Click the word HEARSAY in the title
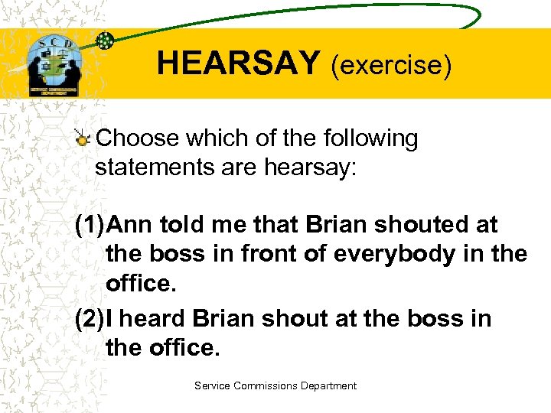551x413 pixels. click(238, 63)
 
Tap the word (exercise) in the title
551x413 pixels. click(391, 65)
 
